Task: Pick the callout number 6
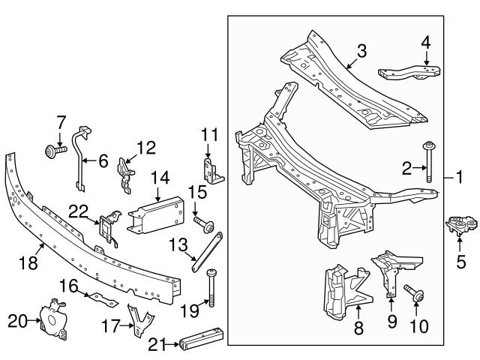(x=102, y=159)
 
